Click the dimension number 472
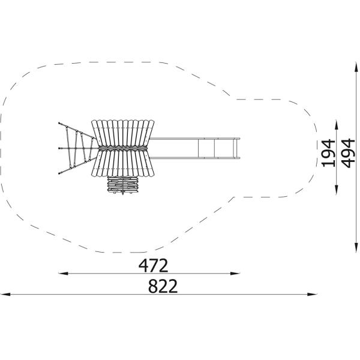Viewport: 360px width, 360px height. (153, 265)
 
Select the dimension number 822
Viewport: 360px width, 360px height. (163, 286)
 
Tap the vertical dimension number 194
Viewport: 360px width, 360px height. (328, 153)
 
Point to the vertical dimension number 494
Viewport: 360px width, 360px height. (348, 153)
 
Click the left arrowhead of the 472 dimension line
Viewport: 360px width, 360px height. (63, 273)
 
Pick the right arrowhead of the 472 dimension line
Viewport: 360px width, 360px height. (235, 273)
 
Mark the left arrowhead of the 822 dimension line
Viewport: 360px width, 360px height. (5, 294)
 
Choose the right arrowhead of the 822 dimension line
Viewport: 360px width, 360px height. (312, 294)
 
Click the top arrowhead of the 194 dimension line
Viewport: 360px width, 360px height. (337, 124)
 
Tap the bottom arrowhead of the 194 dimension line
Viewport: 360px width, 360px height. (337, 190)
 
